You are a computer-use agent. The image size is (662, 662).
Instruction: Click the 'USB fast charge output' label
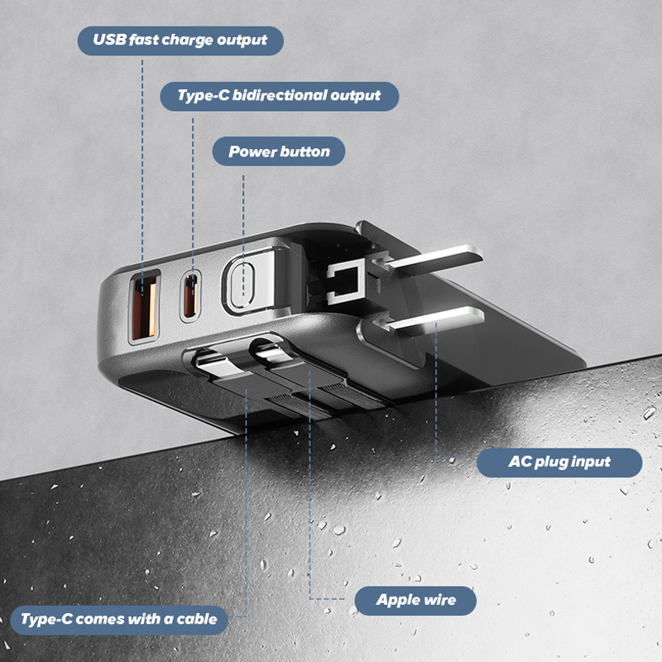(x=180, y=41)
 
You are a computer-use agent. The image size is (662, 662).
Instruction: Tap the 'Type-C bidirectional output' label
(x=279, y=96)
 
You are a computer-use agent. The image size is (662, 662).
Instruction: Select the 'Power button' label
(x=279, y=151)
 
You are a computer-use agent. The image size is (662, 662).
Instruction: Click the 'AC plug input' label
(x=559, y=463)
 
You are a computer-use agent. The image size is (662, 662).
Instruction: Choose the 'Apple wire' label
(x=415, y=601)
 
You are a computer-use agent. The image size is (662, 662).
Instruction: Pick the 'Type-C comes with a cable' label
(x=119, y=620)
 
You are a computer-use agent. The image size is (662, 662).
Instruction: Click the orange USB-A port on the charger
(x=144, y=306)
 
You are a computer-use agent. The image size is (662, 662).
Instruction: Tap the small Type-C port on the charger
(x=190, y=296)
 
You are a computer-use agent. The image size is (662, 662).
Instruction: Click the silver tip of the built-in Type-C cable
(x=213, y=364)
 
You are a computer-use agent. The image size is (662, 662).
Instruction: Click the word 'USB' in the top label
(x=110, y=40)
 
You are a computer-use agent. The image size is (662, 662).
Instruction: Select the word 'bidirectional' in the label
(x=280, y=95)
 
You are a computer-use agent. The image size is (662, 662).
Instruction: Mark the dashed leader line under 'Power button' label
(x=243, y=235)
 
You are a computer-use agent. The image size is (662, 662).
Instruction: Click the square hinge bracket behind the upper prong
(x=345, y=281)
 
